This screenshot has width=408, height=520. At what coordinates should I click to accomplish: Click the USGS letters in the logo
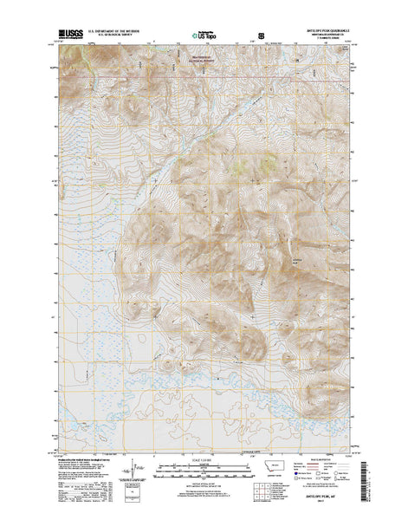pyautogui.click(x=64, y=34)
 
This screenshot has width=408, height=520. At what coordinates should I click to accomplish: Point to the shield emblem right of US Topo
pyautogui.click(x=260, y=36)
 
